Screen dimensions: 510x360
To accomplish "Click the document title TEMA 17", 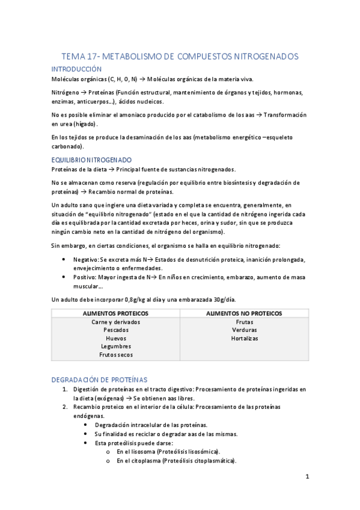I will click(180, 57).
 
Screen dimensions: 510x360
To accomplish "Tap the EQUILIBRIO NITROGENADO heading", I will click(91, 160).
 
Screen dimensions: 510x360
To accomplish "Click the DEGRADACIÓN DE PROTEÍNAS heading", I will click(99, 379).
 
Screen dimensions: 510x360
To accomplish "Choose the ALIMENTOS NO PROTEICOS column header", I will click(245, 313).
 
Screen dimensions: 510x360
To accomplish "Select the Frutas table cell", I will click(245, 322).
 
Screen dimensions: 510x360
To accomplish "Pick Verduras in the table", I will click(245, 330).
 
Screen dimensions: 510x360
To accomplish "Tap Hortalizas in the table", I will click(245, 338).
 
